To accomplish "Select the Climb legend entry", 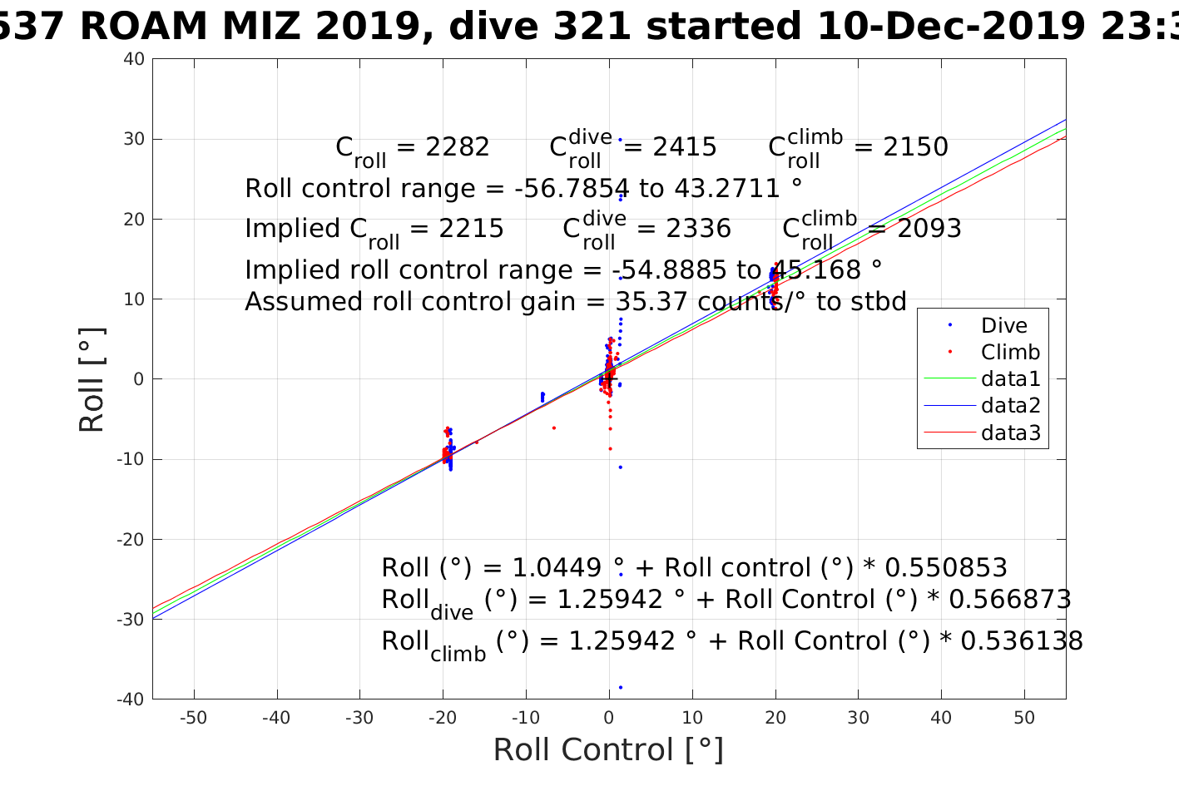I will point(1010,353).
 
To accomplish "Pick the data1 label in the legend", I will point(1011,379).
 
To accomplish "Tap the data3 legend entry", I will point(1011,433).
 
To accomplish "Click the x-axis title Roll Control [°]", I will point(608,749).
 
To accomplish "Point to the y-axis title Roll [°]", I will point(92,379).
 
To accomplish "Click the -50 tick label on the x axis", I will point(193,718).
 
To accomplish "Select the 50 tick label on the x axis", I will point(1024,718).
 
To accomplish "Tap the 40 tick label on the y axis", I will point(135,59).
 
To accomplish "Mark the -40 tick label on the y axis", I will point(131,699).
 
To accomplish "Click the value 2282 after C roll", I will point(457,147).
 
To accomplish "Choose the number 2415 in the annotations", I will point(684,147).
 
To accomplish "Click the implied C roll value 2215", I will point(471,229).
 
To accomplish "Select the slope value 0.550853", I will point(945,568).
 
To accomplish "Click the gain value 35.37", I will point(652,302).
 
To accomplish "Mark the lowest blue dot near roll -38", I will point(621,687).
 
